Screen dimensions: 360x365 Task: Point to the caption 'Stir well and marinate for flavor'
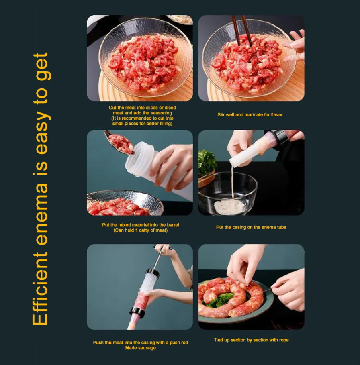coord(250,115)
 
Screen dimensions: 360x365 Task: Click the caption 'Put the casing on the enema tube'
coord(251,227)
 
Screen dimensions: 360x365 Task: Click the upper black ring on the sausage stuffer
coord(153,273)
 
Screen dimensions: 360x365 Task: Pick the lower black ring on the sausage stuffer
coord(138,312)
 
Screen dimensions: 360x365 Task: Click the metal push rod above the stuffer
coord(159,258)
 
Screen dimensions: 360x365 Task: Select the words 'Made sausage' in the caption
coord(140,348)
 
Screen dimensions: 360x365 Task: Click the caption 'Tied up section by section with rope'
coord(251,340)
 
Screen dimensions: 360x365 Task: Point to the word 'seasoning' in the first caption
coord(161,113)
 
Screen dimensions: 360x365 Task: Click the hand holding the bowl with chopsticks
coord(296,44)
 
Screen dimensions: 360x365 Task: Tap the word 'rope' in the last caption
coord(284,340)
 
